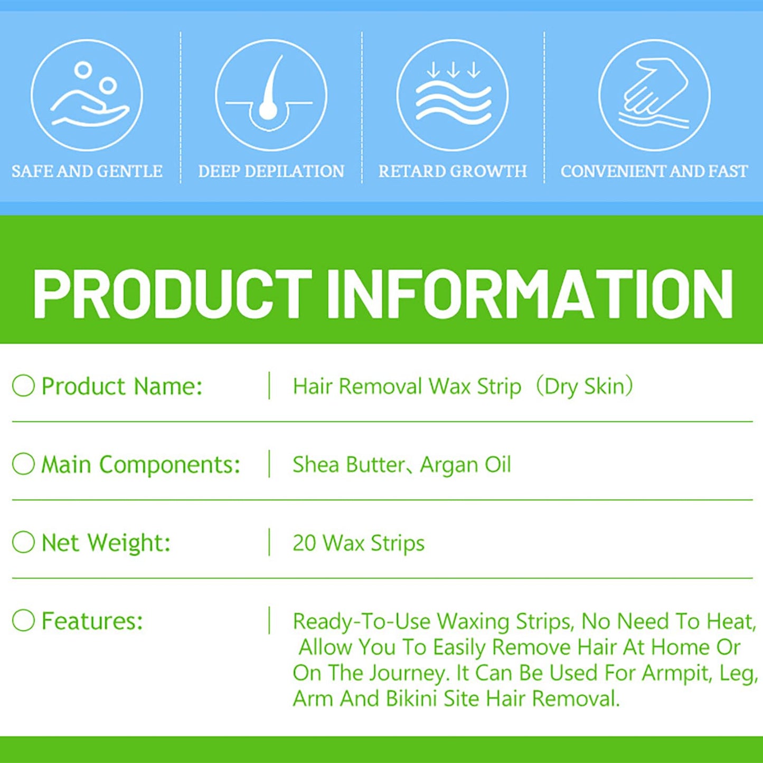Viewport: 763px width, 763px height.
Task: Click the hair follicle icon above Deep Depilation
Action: [x=271, y=95]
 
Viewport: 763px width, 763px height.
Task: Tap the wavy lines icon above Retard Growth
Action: [x=453, y=95]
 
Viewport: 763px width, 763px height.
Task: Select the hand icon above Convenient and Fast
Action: [x=655, y=95]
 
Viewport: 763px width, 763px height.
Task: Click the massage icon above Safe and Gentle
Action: [x=87, y=95]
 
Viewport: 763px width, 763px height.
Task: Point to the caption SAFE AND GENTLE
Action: [x=87, y=171]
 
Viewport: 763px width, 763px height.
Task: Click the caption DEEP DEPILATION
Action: [x=271, y=171]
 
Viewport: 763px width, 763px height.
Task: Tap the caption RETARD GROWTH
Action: [x=453, y=171]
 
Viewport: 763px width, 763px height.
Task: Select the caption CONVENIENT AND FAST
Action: [x=654, y=171]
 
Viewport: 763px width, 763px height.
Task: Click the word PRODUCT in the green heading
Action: [x=172, y=294]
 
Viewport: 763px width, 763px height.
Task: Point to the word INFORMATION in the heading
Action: [x=530, y=294]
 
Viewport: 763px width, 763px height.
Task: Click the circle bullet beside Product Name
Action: [x=23, y=385]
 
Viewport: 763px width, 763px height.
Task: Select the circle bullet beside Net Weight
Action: [x=23, y=542]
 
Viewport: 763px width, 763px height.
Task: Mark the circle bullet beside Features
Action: [x=23, y=620]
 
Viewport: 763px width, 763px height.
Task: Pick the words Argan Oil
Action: [x=466, y=464]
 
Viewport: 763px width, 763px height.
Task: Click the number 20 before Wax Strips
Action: [x=305, y=542]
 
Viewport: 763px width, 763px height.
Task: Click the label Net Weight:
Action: [x=106, y=542]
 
